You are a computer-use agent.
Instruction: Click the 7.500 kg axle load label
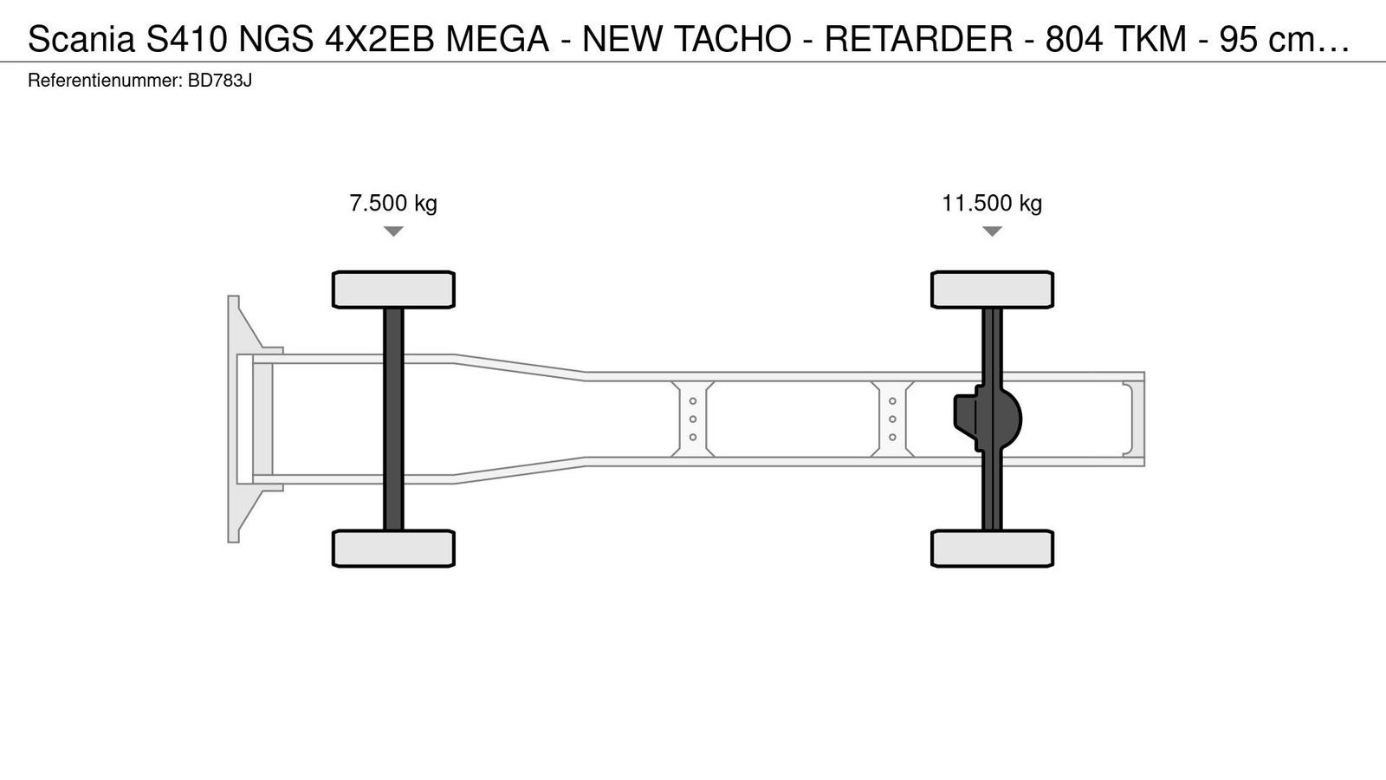tap(393, 203)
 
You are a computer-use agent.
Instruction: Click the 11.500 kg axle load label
tap(992, 203)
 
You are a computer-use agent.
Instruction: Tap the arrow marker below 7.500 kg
tap(393, 231)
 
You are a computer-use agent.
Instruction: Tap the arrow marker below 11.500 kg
tap(992, 231)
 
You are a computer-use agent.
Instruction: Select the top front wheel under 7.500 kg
tap(393, 289)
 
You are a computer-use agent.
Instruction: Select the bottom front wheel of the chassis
tap(393, 549)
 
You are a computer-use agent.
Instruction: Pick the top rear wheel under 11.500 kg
tap(993, 289)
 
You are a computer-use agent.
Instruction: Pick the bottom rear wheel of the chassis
tap(993, 549)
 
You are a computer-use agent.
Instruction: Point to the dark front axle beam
tap(393, 419)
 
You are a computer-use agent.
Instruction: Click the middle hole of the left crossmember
tap(693, 419)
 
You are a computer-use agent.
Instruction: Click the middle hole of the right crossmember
tap(892, 419)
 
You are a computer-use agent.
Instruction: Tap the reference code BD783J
tap(220, 81)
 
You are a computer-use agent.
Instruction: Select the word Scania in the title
tap(81, 39)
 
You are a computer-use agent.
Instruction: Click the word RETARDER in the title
tap(919, 39)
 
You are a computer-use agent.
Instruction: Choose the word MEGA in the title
tap(498, 39)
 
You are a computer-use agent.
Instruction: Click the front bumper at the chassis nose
tap(234, 419)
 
